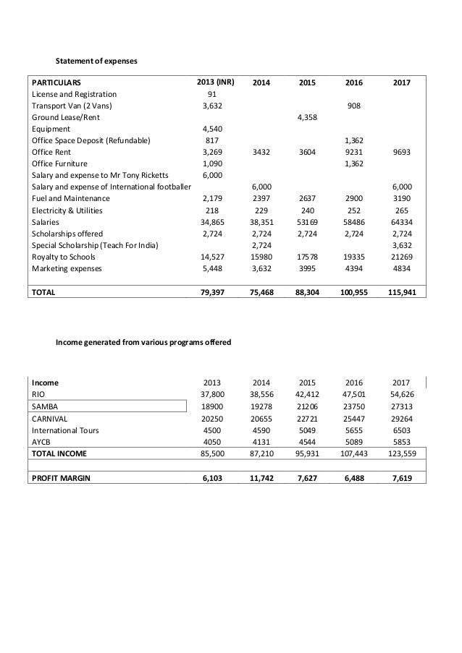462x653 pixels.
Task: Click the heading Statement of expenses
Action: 97,61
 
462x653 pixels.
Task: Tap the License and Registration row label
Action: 73,94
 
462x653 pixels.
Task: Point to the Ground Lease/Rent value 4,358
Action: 308,116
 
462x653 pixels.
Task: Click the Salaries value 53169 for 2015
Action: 308,223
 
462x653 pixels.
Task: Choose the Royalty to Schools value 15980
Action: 261,257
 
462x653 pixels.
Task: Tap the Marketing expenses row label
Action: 66,269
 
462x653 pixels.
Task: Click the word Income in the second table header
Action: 45,383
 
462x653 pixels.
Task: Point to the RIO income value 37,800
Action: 212,394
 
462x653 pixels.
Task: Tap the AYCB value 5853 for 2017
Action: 400,441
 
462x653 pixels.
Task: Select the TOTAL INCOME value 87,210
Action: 261,453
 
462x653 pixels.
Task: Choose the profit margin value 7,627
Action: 308,478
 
